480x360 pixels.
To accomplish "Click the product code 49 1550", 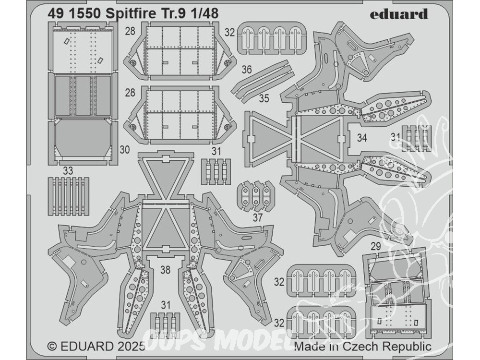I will tap(72, 14).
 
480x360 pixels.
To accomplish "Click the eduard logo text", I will tap(398, 14).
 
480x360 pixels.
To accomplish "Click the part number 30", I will tap(124, 150).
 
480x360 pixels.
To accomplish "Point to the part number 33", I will tap(68, 169).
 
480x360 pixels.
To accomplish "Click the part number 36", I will tap(247, 70).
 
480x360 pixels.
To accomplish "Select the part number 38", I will tap(165, 270).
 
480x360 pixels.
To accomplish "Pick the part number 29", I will tap(377, 245).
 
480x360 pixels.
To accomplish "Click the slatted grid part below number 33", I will tap(69, 196).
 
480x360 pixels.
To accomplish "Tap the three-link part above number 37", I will tap(256, 196).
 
